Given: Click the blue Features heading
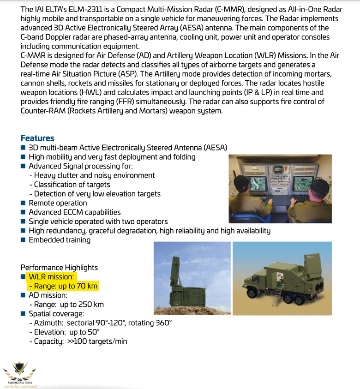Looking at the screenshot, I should tap(37, 138).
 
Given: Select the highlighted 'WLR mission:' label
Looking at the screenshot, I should tap(51, 277).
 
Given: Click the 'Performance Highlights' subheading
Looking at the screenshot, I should tap(59, 268).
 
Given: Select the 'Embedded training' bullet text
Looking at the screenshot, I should tap(60, 240).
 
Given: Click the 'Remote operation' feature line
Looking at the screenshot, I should tap(58, 203).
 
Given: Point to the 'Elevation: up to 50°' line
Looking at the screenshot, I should tap(67, 332).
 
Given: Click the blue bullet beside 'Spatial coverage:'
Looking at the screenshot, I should tap(24, 314).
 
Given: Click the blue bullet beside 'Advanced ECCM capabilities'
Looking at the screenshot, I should tap(24, 212).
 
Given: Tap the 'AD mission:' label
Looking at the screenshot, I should tap(48, 295).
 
